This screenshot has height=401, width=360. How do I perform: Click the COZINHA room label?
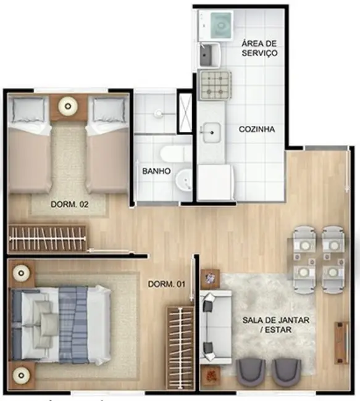click(x=257, y=129)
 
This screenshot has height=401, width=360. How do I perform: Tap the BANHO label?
click(x=156, y=171)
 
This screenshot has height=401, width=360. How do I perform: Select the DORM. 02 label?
click(x=70, y=204)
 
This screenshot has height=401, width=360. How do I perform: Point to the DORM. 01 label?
click(x=167, y=284)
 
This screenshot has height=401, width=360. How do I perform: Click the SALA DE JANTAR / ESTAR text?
click(x=276, y=325)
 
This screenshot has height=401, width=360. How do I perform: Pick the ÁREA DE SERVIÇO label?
click(x=259, y=48)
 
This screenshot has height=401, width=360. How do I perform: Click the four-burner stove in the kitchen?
click(x=216, y=85)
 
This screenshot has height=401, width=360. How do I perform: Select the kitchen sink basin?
click(x=212, y=133)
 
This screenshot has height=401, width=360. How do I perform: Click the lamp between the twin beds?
click(x=67, y=105)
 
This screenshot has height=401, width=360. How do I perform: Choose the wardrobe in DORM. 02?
click(x=47, y=238)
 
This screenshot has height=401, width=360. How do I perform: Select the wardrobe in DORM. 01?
click(x=180, y=348)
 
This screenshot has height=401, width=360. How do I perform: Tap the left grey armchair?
click(x=251, y=371)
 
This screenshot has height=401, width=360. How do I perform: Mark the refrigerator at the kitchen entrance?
click(x=216, y=182)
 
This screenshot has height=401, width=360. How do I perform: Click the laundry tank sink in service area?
click(x=209, y=55)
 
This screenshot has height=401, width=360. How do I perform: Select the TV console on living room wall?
click(x=341, y=342)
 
